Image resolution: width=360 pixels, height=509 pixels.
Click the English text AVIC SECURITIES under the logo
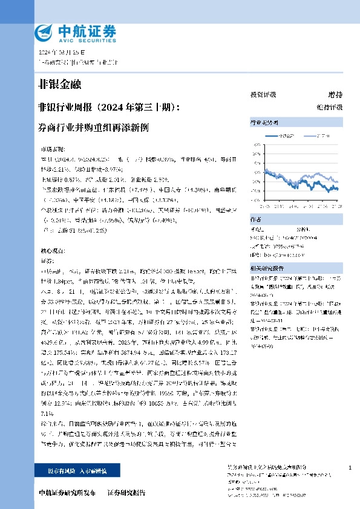click(74, 39)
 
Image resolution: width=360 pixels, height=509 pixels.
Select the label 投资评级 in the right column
click(263, 95)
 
